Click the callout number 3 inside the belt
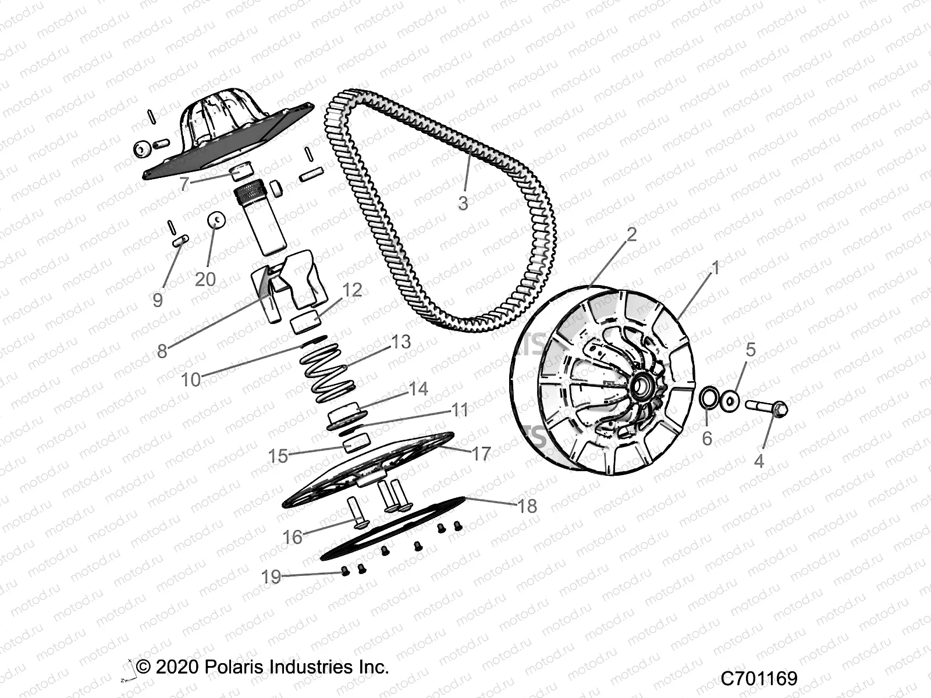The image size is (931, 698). (463, 204)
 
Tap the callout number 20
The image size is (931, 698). (205, 280)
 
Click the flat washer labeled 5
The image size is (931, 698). (730, 400)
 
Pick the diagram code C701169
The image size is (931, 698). (759, 678)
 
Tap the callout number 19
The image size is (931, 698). (271, 576)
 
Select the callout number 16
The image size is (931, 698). (292, 537)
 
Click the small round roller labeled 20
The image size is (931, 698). (216, 220)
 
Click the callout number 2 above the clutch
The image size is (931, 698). (631, 234)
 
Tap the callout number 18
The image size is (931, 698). (527, 506)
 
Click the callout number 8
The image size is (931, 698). (162, 351)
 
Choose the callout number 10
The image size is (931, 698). (191, 380)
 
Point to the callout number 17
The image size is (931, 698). (481, 454)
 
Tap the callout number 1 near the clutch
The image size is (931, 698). (716, 268)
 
